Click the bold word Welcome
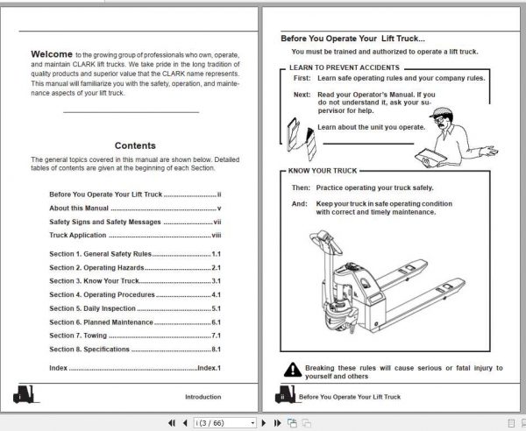coord(52,54)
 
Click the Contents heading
coord(135,145)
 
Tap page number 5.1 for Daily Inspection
coord(216,308)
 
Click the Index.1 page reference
coord(209,368)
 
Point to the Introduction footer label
coord(203,397)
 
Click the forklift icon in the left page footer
coord(25,394)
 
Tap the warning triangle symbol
coord(293,370)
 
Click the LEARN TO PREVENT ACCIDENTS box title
coord(345,67)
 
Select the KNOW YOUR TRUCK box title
coord(323,171)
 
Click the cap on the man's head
coord(441,112)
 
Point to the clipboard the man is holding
coord(430,157)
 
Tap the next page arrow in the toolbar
coord(264,423)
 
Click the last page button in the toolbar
coord(277,423)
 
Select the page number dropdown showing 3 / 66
coord(224,423)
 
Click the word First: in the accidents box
coord(302,78)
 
